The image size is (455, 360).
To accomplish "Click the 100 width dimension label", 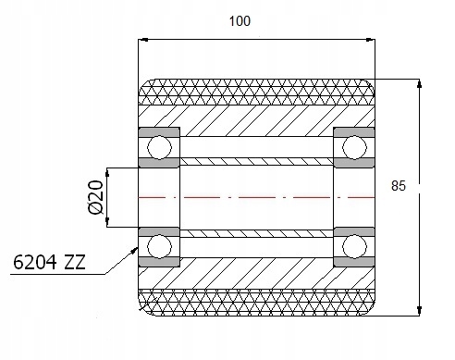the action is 240,21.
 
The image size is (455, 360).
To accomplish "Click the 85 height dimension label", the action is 399,186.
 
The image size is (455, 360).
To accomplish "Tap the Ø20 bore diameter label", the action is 95,197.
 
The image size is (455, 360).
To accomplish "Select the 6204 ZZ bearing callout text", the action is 49,263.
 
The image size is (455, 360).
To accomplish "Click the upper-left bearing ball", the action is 159,147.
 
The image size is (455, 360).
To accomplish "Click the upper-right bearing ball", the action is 354,147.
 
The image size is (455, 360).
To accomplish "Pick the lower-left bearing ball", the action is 159,247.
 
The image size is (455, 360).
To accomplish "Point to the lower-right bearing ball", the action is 354,247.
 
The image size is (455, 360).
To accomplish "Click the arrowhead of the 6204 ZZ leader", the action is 134,250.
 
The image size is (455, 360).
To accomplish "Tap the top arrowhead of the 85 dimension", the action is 419,83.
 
